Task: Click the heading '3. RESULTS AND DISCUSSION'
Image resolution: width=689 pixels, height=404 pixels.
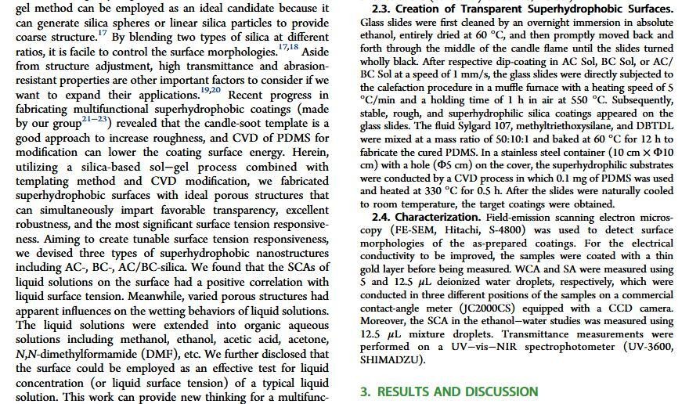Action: coord(449,391)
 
